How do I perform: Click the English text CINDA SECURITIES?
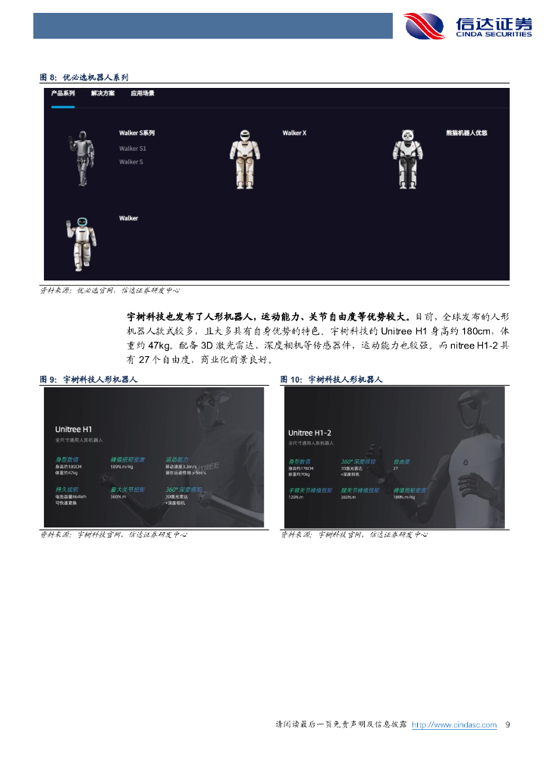[493, 34]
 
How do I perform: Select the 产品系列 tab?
[63, 93]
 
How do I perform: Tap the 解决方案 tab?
[102, 93]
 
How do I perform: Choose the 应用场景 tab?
[142, 93]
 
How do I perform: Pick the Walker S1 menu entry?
[132, 149]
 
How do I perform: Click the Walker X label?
[294, 133]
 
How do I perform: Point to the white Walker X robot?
[245, 159]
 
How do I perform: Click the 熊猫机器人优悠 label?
[466, 133]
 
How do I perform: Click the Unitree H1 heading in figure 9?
[74, 429]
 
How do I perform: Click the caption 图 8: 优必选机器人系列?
[84, 77]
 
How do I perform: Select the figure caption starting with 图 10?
[331, 379]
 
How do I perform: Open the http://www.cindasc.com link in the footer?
[460, 725]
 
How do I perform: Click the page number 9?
[507, 725]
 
